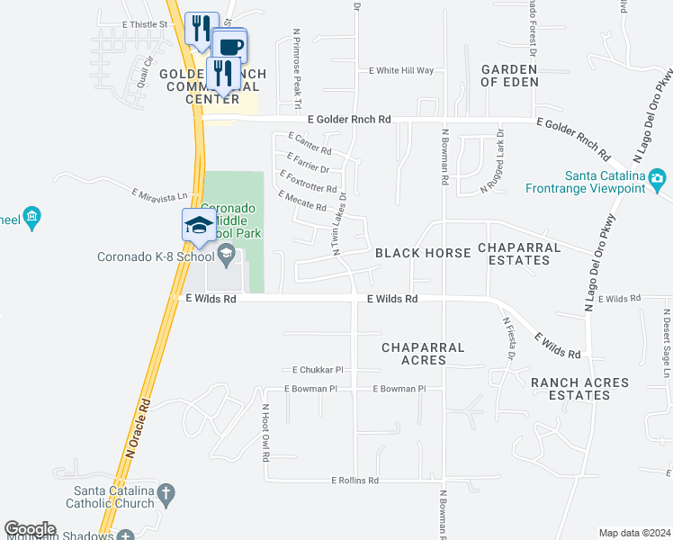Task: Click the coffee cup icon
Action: [229, 45]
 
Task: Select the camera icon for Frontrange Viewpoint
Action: [658, 179]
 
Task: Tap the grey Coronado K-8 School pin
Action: [226, 256]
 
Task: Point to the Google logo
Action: [30, 529]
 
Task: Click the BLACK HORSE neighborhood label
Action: [423, 253]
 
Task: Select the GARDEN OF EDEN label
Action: [509, 75]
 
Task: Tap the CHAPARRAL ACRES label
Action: [423, 353]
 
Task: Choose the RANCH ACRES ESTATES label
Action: [579, 389]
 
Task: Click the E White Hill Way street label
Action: [402, 70]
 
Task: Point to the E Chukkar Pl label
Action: [319, 370]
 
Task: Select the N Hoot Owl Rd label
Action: [266, 433]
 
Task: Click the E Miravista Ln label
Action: [160, 194]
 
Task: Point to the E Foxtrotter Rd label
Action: [309, 181]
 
